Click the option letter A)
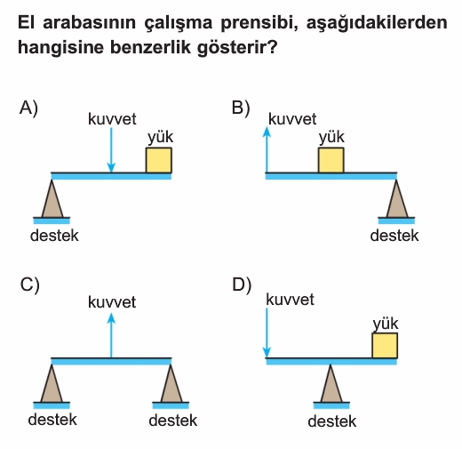pos(28,108)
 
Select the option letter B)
pos(241,108)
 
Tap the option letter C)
pos(29,285)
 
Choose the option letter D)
pos(242,285)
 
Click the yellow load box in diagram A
pos(159,160)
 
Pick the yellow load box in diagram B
pos(331,160)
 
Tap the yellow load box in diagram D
pos(385,346)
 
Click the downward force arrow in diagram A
pos(111,150)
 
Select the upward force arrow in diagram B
pos(267,150)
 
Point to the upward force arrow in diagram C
pos(111,336)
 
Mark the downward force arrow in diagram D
pos(267,333)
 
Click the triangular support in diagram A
pos(52,199)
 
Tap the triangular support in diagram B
pos(397,199)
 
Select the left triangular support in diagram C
pos(52,383)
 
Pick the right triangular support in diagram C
pos(171,383)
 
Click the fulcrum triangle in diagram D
pos(331,383)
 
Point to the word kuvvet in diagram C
pos(112,302)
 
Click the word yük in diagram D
pos(386,324)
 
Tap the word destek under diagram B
pos(394,236)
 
